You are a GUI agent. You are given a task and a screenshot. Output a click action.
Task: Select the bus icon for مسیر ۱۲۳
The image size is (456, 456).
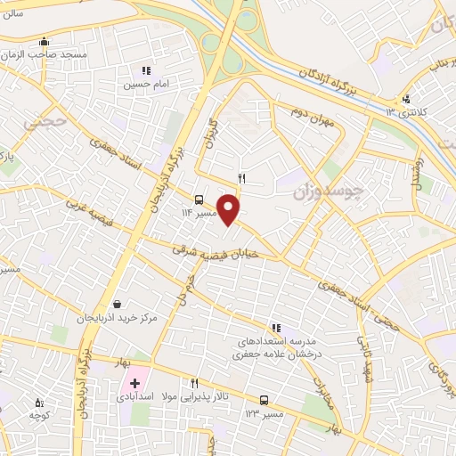[264, 400]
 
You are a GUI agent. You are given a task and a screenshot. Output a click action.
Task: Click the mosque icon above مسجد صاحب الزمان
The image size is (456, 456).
[44, 42]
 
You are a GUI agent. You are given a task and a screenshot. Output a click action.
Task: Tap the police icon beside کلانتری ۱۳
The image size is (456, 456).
[406, 99]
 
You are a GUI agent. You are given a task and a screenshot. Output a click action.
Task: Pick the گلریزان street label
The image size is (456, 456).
[211, 130]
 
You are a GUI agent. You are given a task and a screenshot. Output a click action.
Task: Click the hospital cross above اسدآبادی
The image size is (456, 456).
[134, 382]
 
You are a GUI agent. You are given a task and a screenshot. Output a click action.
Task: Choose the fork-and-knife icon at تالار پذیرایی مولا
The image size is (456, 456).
[194, 383]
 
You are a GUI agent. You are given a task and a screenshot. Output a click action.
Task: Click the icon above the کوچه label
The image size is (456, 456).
[37, 403]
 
